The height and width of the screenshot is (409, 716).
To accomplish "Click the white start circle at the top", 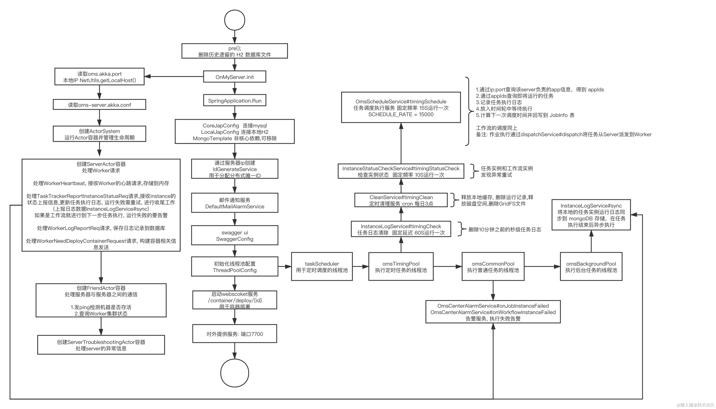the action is pos(235,20).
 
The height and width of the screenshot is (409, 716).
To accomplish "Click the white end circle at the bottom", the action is pos(235,373).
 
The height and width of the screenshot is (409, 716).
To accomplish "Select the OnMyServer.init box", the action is pos(235,77).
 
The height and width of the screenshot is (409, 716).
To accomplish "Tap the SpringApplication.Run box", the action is pos(235,101).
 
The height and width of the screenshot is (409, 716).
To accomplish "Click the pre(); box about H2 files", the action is pos(235,51).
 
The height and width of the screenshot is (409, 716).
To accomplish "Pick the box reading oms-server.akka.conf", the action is pos(99,105).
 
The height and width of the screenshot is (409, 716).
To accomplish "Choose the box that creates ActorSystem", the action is pos(99,134).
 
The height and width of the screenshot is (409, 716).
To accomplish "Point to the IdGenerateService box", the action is pos(235,169).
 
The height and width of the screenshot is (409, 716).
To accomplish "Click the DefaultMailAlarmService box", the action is pos(235,203).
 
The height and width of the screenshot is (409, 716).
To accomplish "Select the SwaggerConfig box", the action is pos(235,236).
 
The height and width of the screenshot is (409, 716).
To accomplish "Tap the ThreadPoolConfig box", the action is pos(235,267).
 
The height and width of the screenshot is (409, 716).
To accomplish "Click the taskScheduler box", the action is pos(322,267).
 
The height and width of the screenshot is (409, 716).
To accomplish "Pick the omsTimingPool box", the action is pos(401,267).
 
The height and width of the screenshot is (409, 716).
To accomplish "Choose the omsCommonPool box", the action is pos(493,267).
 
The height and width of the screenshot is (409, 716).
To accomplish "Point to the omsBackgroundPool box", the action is pos(591,267).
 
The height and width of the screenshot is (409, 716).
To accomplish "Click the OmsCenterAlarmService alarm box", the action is pos(493,312).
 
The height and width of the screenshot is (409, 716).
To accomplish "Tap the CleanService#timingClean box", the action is pos(401,200).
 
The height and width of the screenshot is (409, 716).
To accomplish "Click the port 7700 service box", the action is pos(235,334).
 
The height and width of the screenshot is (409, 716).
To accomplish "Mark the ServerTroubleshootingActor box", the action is pos(101,345).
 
